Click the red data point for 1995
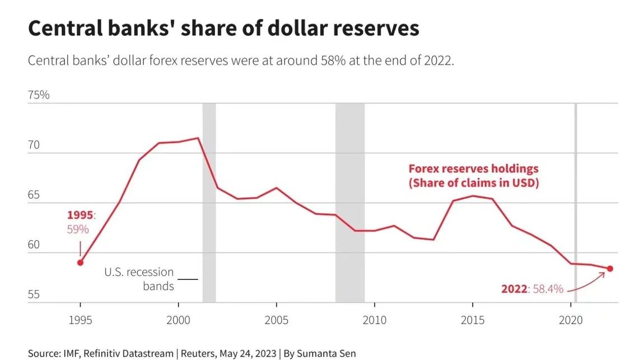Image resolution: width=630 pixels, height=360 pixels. [x=80, y=263]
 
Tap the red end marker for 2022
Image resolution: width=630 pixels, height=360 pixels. [x=610, y=269]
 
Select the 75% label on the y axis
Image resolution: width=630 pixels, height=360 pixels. [x=39, y=95]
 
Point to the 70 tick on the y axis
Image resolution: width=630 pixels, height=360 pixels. [x=34, y=146]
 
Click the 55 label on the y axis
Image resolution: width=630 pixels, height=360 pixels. [x=34, y=294]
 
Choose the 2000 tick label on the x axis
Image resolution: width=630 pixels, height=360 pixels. [x=178, y=320]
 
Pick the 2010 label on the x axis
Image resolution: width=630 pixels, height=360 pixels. [x=374, y=320]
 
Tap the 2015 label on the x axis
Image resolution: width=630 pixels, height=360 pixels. [x=473, y=320]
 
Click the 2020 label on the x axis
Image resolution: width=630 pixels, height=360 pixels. [x=571, y=320]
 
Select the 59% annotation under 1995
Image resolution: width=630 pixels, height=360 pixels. [x=78, y=229]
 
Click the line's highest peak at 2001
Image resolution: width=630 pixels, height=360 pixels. [x=198, y=138]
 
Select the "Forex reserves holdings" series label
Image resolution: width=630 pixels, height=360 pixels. [x=473, y=169]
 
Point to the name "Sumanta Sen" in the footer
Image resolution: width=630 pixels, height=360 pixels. [x=328, y=353]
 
